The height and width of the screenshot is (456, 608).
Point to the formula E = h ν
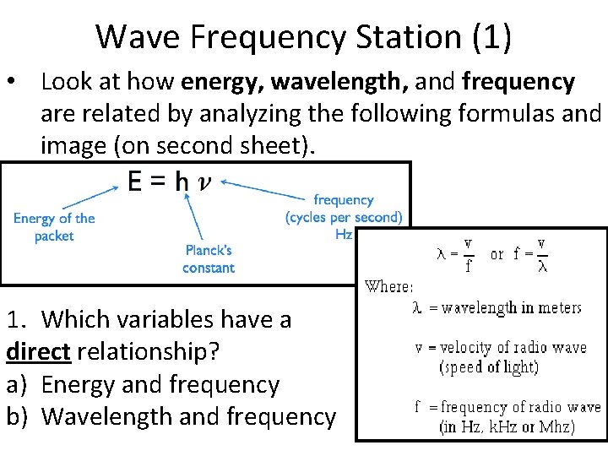pyautogui.click(x=165, y=182)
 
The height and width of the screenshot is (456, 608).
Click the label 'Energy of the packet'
pyautogui.click(x=54, y=227)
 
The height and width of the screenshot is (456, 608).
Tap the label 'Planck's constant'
pyautogui.click(x=209, y=258)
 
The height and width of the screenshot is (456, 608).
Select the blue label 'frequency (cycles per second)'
pyautogui.click(x=344, y=209)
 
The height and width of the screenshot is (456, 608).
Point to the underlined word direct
pyautogui.click(x=38, y=352)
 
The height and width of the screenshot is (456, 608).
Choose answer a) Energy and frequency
pyautogui.click(x=143, y=384)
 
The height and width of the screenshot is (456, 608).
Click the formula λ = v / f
pyautogui.click(x=455, y=253)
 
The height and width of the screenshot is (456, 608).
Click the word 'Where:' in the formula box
pyautogui.click(x=388, y=286)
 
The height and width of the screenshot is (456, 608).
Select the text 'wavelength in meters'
pyautogui.click(x=512, y=308)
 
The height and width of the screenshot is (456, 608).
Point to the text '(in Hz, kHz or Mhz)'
pyautogui.click(x=507, y=426)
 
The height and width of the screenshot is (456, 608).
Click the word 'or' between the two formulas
pyautogui.click(x=497, y=253)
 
